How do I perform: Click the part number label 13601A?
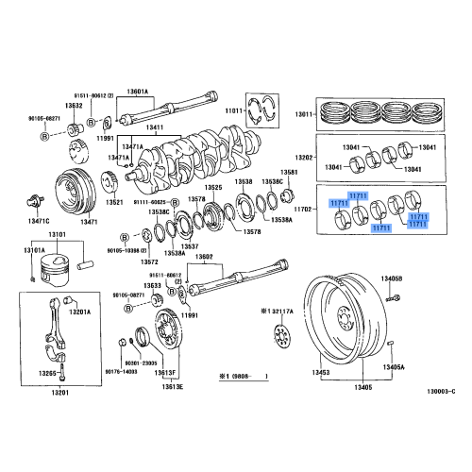coord(139,92)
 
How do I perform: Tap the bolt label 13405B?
coord(392,279)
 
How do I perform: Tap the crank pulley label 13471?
coord(90,222)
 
